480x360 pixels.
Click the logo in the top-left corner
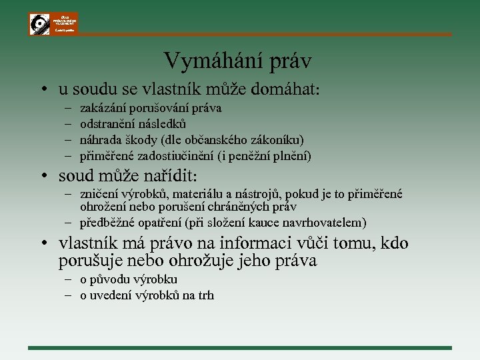(x=53, y=23)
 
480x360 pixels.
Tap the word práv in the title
(x=291, y=61)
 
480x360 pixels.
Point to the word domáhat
(x=288, y=88)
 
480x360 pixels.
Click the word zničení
(x=99, y=195)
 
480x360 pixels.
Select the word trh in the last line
(x=206, y=295)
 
